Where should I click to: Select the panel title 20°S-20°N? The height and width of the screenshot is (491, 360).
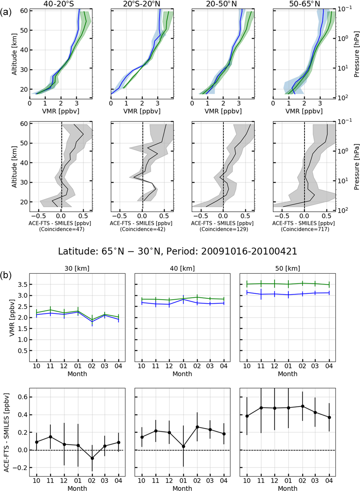tap(142, 4)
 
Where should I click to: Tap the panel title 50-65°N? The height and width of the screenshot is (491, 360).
tap(304, 4)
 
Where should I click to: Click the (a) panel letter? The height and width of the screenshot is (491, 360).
tap(6, 12)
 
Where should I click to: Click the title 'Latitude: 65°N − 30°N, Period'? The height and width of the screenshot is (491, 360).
tap(177, 251)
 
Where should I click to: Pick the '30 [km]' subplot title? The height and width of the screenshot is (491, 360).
tap(77, 268)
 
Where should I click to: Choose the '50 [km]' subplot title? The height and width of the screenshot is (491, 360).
tap(287, 268)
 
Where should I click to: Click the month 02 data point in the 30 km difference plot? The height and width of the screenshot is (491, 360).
tap(92, 458)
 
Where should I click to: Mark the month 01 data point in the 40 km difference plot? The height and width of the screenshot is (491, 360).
tap(183, 446)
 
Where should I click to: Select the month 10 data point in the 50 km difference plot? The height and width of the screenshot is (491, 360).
tap(247, 416)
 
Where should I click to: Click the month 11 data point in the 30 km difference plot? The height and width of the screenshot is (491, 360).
tap(50, 437)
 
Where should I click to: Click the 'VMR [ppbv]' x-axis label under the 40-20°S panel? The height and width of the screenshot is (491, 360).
tap(61, 111)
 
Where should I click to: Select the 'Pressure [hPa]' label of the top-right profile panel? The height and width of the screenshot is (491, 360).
tap(356, 54)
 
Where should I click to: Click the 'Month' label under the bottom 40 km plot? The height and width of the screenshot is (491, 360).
tap(182, 488)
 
